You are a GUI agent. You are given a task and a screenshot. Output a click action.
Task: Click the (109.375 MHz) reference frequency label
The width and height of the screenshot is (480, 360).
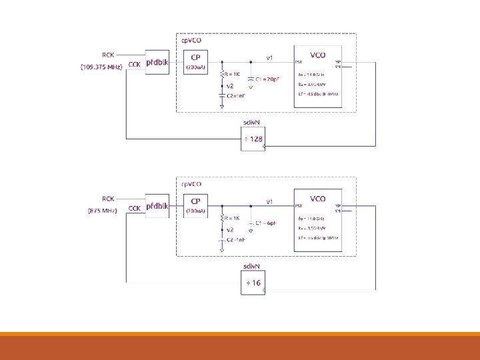101,67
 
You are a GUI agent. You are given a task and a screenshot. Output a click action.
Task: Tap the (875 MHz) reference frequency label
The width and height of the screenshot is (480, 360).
103,211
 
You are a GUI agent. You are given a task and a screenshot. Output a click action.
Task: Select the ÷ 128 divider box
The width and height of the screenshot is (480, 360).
253,139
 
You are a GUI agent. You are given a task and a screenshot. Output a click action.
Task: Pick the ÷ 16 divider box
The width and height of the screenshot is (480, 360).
253,283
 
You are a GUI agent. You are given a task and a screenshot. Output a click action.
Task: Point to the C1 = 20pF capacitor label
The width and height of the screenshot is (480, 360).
267,79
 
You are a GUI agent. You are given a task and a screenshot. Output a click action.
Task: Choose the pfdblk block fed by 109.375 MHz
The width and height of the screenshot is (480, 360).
157,62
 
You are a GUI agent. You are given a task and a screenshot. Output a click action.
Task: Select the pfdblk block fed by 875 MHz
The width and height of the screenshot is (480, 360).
157,205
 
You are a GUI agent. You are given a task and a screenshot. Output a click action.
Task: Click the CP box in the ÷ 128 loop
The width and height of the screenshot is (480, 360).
196,61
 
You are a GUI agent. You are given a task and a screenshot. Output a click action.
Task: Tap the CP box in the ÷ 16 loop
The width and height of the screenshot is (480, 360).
196,205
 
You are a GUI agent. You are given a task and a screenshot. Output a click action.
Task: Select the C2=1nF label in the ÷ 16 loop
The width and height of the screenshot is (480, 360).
235,239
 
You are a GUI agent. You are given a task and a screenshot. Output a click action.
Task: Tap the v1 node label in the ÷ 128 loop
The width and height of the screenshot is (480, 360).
270,57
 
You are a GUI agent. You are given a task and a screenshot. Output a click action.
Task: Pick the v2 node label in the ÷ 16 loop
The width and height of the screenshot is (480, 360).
230,229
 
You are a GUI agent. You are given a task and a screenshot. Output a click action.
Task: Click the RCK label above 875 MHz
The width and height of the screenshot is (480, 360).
108,199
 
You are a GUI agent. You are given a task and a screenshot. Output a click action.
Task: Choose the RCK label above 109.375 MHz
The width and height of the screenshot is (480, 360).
108,55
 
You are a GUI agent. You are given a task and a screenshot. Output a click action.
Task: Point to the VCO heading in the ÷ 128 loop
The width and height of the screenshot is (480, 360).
318,55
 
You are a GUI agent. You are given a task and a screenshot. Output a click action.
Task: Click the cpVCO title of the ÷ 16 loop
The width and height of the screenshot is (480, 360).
192,183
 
